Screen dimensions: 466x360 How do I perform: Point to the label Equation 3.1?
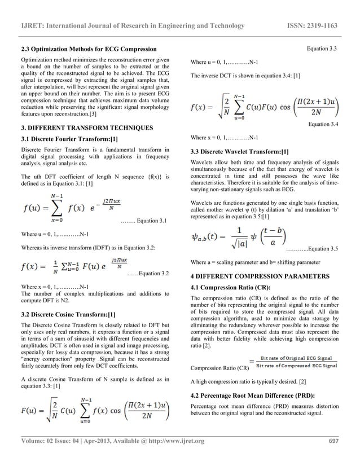click(148, 220)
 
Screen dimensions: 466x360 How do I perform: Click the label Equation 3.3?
click(321, 50)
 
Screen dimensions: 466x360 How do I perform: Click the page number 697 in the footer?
click(332, 441)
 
